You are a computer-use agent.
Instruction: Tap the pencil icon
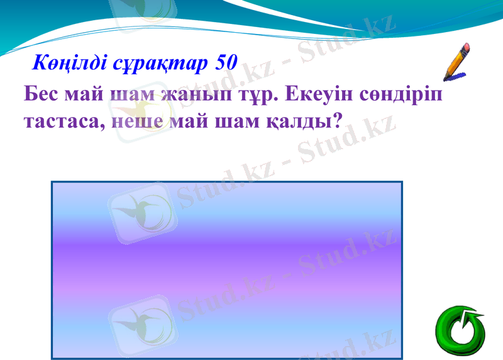click(x=457, y=62)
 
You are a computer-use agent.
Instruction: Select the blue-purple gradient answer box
click(x=226, y=271)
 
